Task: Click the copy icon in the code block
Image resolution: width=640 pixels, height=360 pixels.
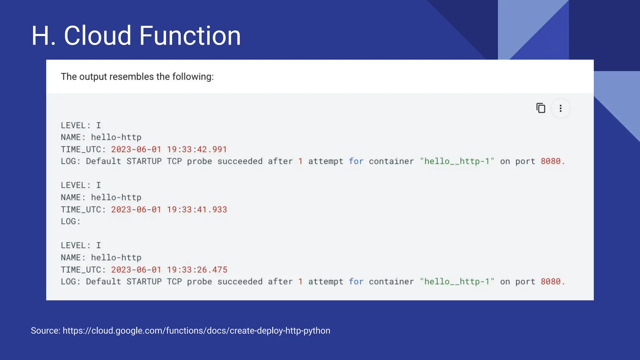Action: tap(541, 108)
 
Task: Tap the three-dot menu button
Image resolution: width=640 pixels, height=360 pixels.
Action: tap(560, 108)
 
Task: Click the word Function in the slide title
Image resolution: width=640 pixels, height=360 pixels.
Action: tap(190, 36)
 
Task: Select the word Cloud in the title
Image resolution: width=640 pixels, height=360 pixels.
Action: tap(97, 36)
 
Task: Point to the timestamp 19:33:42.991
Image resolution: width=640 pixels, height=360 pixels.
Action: tap(197, 149)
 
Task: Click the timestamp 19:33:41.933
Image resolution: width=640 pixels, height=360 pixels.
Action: tap(197, 209)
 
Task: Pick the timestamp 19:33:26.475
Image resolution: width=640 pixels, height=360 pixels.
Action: tap(197, 270)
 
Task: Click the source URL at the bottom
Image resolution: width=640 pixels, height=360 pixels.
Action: tap(196, 331)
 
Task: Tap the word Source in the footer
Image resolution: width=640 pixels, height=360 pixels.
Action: tap(45, 331)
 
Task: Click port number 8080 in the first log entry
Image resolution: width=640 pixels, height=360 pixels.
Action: tap(551, 161)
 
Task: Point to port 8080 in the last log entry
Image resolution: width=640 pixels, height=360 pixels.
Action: tap(551, 282)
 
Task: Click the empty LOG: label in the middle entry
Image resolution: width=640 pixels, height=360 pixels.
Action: tap(71, 222)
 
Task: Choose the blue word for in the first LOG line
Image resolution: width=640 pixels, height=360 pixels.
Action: tap(356, 161)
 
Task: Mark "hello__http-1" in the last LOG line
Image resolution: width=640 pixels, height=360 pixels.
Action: tap(457, 282)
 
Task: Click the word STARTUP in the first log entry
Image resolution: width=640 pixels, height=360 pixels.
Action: tap(144, 161)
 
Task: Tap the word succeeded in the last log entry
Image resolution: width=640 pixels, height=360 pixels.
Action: tap(240, 282)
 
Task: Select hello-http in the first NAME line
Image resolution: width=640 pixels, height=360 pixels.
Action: tap(116, 137)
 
